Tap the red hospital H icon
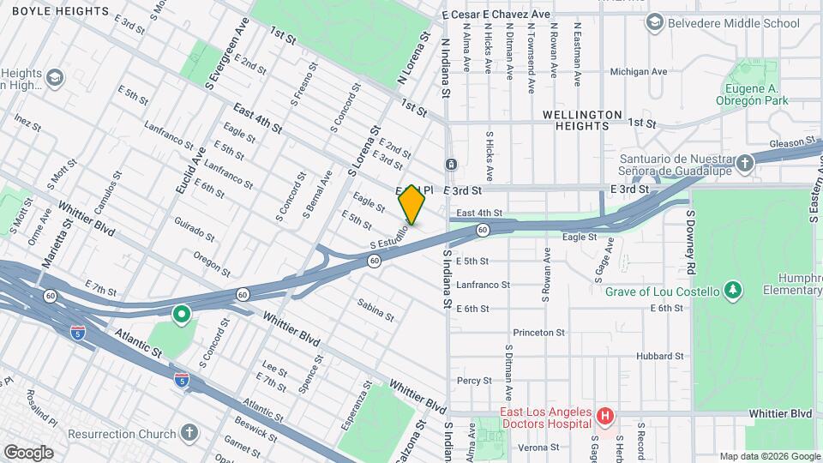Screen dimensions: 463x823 point(606,418)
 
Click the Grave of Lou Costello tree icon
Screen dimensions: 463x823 point(732,292)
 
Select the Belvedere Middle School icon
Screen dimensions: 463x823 point(655,21)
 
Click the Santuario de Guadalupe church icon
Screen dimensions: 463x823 point(746,162)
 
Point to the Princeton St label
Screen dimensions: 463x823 point(538,333)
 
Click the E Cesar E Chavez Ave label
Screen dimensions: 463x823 point(496,15)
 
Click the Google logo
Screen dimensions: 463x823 point(28,452)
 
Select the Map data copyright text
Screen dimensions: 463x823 point(768,456)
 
